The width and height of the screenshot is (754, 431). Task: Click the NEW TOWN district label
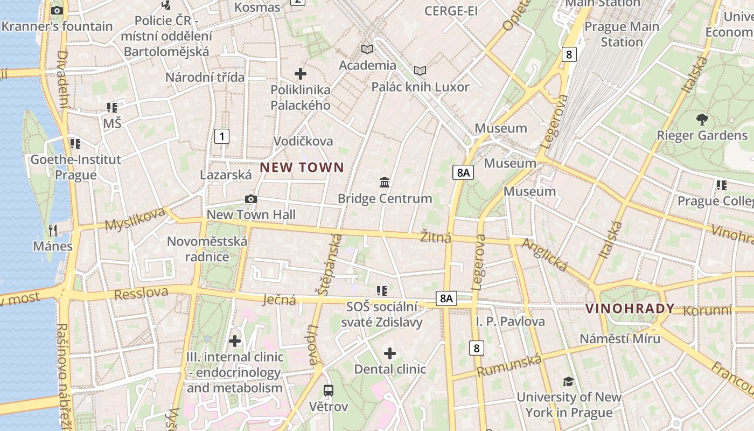[x=302, y=168]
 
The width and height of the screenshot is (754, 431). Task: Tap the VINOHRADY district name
[x=630, y=309]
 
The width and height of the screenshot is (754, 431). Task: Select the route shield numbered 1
[x=221, y=136]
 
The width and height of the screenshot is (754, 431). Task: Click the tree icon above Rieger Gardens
[x=702, y=119]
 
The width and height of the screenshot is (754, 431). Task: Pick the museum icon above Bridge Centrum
[x=385, y=182]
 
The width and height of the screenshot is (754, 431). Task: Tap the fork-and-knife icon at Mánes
[x=53, y=231]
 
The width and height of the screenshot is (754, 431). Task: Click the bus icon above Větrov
[x=328, y=390]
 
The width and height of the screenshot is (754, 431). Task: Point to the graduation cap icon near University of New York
[x=568, y=381]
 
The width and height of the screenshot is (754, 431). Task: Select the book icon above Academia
[x=367, y=50]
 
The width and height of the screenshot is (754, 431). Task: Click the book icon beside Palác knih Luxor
[x=420, y=71]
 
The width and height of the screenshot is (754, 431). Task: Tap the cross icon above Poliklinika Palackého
[x=301, y=73]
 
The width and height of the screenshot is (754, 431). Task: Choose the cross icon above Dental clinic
[x=390, y=353]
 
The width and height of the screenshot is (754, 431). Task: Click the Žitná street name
[x=436, y=237]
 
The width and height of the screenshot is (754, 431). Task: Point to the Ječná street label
[x=280, y=299]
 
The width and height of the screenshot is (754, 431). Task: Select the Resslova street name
[x=141, y=294]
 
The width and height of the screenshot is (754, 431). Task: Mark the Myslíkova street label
[x=135, y=219]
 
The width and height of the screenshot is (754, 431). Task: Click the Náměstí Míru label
[x=619, y=338]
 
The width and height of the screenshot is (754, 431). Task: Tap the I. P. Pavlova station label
[x=510, y=322]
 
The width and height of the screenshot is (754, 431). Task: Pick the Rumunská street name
[x=509, y=366]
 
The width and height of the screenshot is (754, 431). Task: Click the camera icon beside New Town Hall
[x=250, y=199]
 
